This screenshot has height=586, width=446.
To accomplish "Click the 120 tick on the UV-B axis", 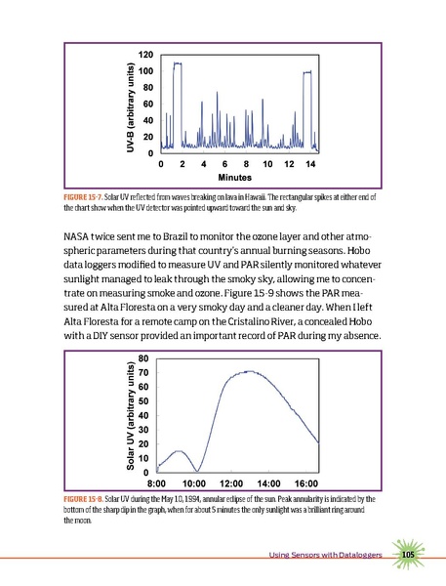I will coord(144,53).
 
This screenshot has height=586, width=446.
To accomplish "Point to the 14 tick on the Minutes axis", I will coord(309,164).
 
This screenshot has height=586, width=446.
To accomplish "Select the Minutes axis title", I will coord(235,179).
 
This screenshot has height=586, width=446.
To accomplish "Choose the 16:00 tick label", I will coord(306,483).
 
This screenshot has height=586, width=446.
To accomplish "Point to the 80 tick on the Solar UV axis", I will coord(143,358).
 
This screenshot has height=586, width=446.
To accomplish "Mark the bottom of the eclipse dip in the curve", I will coord(198,472).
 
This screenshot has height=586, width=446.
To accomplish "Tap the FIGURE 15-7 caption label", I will coord(90,197).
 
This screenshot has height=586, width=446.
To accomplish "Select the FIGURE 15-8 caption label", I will coord(90,498).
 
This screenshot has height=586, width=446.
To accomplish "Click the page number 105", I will coord(408,557).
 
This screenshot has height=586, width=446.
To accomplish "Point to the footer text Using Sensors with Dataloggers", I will coord(326,558).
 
